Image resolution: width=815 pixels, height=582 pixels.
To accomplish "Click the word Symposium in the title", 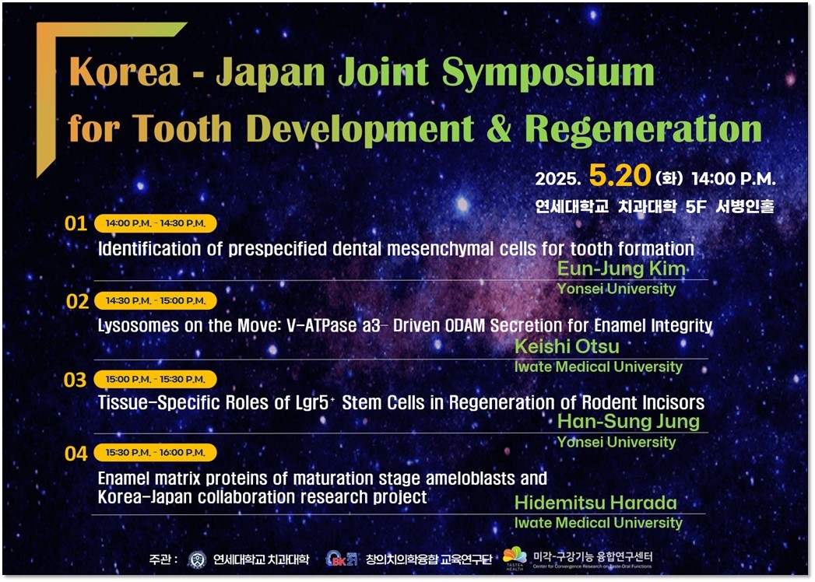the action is [x=548, y=73].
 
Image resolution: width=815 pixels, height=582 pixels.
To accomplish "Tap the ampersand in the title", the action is [x=499, y=129].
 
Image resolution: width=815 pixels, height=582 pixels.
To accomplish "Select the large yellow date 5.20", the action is [x=620, y=176].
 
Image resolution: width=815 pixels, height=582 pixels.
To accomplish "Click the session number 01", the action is [x=76, y=223].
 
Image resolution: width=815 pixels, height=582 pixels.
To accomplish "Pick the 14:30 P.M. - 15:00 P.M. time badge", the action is [x=156, y=301].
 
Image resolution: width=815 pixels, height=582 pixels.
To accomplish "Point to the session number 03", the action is [x=75, y=380].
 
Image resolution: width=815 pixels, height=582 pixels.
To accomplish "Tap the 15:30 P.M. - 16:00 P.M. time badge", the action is [x=156, y=453].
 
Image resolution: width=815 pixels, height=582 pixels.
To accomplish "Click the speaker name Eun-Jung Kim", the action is [x=621, y=268].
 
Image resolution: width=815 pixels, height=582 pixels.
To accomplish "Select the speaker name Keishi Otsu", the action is [x=567, y=346].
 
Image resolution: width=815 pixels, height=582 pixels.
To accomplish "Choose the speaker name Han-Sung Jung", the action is [x=628, y=422].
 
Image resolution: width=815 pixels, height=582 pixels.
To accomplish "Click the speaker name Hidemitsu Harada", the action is [x=595, y=503].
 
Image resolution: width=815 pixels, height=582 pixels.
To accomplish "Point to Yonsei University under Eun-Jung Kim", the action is [x=617, y=289].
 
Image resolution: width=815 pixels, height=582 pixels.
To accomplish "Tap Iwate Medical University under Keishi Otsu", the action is [x=599, y=367].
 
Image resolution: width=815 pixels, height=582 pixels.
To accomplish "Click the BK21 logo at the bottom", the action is [x=342, y=559].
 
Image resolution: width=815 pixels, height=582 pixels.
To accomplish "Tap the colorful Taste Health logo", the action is [x=515, y=558].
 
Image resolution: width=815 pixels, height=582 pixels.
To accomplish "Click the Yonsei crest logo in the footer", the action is [x=197, y=559].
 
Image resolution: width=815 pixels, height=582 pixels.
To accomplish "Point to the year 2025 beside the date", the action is [x=557, y=179].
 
